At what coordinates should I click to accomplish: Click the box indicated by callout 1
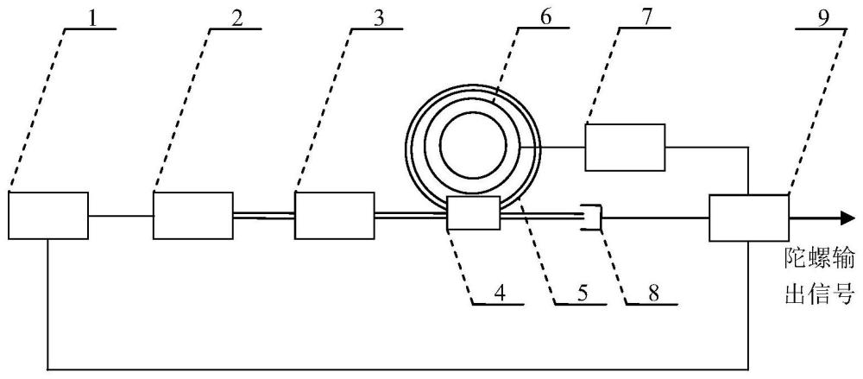click(48, 215)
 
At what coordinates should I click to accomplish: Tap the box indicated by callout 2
click(193, 215)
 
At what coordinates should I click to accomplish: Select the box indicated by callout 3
click(334, 215)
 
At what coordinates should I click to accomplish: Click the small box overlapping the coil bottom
click(474, 213)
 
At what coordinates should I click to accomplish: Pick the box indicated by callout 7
click(626, 147)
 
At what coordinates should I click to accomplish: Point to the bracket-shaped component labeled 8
click(592, 218)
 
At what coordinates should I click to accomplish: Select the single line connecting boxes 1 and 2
click(121, 215)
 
